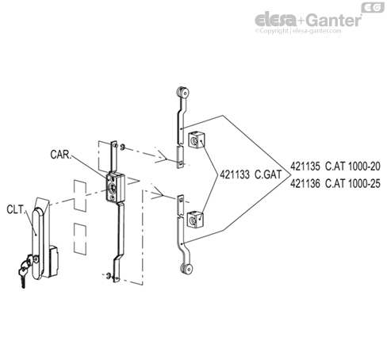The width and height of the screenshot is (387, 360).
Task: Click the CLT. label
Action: coord(14,211)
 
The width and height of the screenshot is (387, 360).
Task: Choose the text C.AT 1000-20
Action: coord(354,167)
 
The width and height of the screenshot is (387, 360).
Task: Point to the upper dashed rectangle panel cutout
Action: coord(79,192)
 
